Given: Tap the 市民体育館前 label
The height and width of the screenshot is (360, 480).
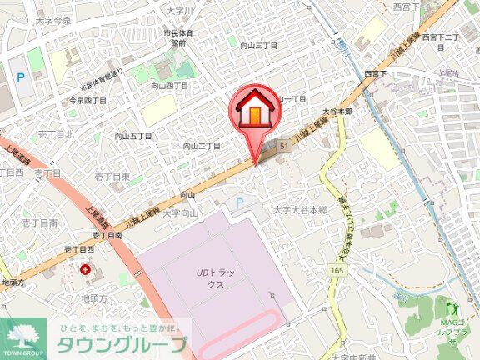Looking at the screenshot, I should [x=178, y=38].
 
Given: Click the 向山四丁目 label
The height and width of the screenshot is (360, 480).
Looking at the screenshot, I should [x=169, y=86].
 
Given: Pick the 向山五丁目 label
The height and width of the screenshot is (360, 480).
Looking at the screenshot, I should [x=133, y=135].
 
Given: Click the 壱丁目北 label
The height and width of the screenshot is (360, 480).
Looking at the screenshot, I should [x=57, y=133].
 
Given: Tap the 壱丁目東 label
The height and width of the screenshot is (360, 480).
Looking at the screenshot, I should [x=111, y=177].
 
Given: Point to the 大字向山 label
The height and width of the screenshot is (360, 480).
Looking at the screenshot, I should [x=181, y=213].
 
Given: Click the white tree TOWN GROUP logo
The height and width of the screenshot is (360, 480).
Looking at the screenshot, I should [x=22, y=337].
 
